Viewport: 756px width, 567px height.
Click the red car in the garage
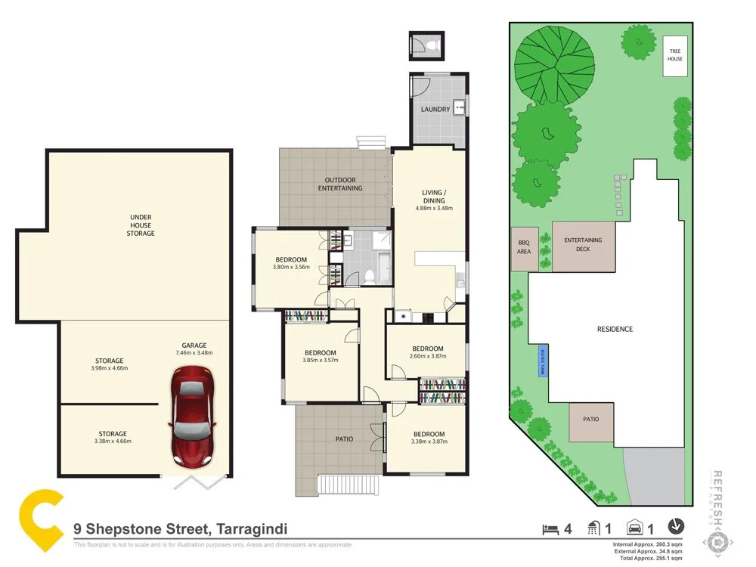point(193,415)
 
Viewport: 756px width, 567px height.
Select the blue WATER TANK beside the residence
point(541,361)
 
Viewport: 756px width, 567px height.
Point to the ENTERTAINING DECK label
point(583,244)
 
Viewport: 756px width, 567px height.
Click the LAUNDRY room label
point(435,110)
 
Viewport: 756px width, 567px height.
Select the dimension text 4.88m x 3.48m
point(434,209)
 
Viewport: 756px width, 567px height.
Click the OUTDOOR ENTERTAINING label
point(340,184)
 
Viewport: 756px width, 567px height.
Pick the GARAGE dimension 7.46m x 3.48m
point(194,353)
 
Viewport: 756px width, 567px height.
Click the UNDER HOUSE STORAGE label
point(140,225)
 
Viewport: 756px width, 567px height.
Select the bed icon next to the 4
point(550,528)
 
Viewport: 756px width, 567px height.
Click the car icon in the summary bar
point(637,528)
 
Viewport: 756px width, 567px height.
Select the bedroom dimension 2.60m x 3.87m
point(426,357)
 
